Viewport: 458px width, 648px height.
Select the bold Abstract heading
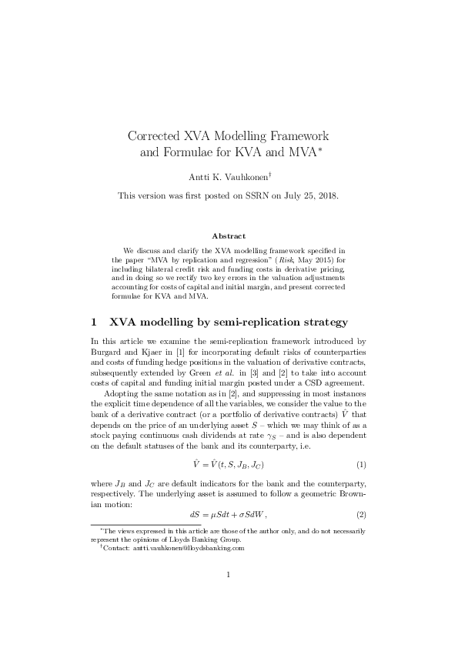[229, 235]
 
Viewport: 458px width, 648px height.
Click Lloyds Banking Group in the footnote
[191, 539]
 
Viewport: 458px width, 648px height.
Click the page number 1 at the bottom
[229, 596]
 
